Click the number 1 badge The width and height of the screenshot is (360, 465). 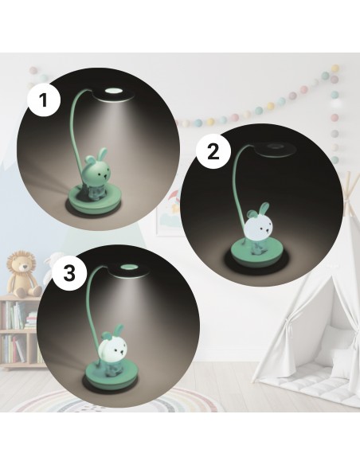(44, 100)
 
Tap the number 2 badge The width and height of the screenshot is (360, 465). (213, 152)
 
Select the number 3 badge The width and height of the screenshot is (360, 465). (69, 273)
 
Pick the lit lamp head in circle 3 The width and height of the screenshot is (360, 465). (128, 271)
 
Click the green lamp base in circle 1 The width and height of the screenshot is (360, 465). (93, 199)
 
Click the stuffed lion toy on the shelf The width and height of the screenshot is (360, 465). (24, 275)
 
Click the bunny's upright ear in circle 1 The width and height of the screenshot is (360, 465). (102, 154)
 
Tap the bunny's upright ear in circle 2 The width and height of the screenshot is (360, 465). (264, 209)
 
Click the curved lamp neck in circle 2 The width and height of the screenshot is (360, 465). (239, 190)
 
